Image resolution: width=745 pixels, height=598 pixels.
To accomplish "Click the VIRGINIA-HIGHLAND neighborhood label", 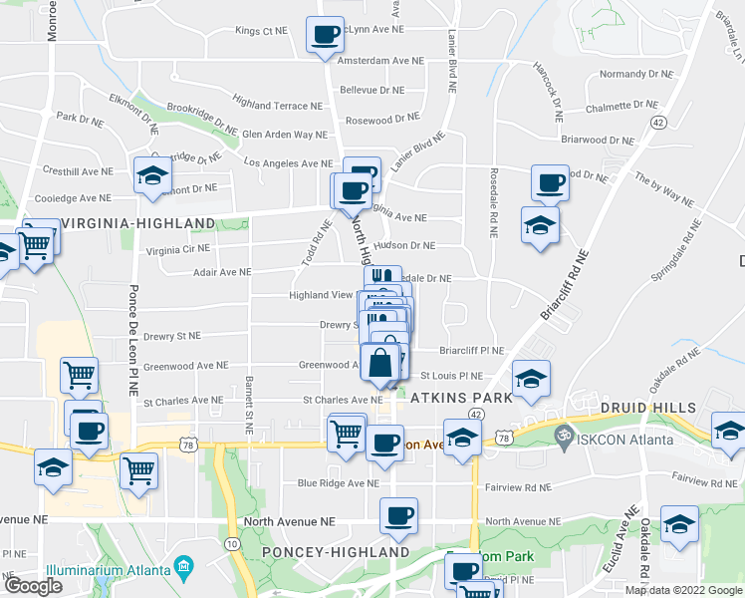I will point(138,223).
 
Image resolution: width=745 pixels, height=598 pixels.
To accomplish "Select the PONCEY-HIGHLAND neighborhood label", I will point(336,552).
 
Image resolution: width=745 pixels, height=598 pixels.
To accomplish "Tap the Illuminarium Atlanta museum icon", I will point(183,568).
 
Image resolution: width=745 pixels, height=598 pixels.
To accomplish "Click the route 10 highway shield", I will point(231,543).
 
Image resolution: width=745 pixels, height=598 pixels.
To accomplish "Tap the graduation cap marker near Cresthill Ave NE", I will point(151,175).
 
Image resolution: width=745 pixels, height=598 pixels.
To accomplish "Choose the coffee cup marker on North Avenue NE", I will point(398,515).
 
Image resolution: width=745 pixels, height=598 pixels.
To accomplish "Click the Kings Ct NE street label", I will point(261,31).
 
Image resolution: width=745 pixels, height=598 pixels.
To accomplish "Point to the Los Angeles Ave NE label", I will point(288,163).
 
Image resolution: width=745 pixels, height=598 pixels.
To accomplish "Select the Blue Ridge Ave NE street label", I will point(339,483).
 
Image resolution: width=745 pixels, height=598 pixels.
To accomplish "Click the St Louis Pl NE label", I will point(450,377).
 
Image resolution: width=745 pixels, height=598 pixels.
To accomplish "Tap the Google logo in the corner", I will point(32,586).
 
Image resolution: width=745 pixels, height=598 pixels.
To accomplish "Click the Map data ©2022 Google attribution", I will point(682,590).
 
